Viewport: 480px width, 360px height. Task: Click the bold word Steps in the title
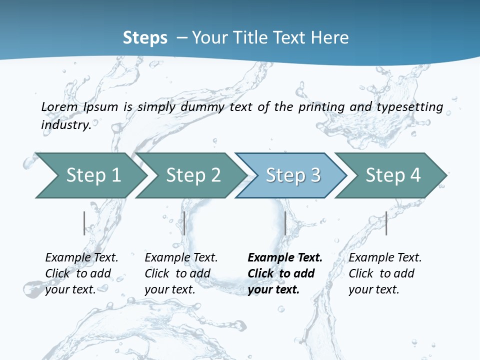[145, 37]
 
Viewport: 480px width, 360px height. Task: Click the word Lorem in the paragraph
[59, 106]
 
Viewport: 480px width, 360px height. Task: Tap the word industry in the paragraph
[65, 124]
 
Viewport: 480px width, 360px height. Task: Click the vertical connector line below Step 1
[84, 223]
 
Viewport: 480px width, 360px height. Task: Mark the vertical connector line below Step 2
[184, 223]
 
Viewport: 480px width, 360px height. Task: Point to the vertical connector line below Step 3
[285, 223]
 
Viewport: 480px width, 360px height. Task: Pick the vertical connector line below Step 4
[386, 223]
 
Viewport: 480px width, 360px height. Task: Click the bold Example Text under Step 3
[285, 257]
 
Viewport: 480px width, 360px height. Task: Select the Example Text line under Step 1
[81, 257]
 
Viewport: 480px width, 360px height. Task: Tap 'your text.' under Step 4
[373, 289]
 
